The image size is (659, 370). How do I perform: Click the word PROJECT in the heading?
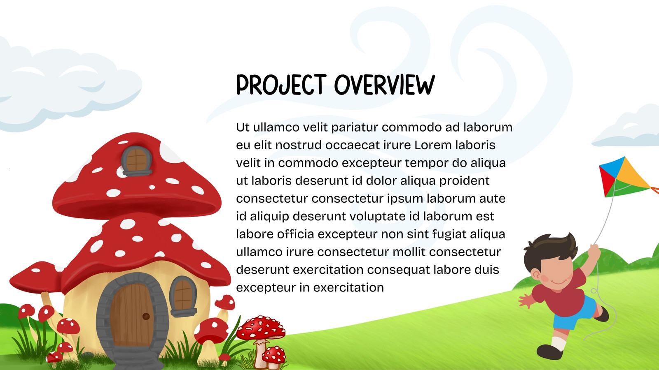(281, 85)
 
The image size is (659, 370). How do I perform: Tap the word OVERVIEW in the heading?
(385, 85)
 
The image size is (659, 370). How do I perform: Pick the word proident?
(464, 181)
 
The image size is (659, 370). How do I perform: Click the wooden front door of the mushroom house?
(132, 315)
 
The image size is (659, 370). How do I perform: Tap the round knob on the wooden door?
(146, 316)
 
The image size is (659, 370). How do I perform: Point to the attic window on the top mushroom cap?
(136, 160)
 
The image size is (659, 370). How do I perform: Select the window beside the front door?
(183, 296)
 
